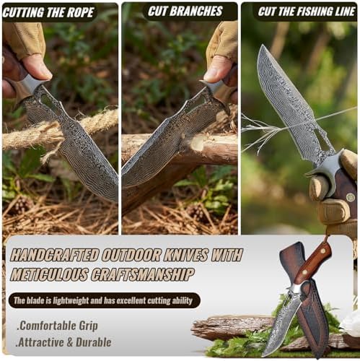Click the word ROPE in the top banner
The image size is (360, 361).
[80, 12]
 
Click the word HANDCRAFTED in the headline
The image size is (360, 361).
[54, 255]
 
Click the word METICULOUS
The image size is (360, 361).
[49, 274]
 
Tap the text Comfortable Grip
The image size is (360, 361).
[58, 326]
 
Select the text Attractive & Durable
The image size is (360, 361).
[63, 342]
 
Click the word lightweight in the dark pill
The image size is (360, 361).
[71, 301]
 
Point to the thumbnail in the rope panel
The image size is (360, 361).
[38, 67]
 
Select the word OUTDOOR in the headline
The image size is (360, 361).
[131, 255]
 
